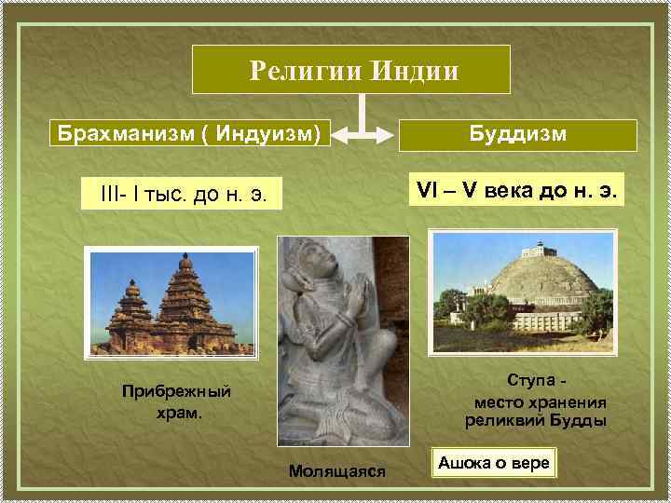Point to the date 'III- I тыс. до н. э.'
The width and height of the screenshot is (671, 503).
pos(181,194)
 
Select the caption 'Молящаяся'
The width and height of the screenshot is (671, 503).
pos(337,470)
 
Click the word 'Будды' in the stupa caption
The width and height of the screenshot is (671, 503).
pos(582,420)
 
